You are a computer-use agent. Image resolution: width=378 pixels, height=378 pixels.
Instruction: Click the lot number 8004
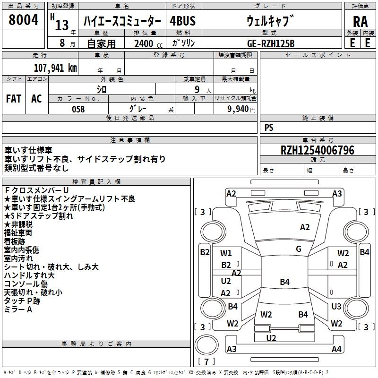click(x=23, y=21)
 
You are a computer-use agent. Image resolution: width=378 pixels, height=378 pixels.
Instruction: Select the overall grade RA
click(x=360, y=22)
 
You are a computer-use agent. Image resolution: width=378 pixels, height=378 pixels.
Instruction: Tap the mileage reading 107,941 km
click(x=55, y=68)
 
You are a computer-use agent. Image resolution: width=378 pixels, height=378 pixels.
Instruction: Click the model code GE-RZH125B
click(x=271, y=43)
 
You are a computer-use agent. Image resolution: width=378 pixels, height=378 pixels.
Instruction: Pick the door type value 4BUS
click(x=183, y=21)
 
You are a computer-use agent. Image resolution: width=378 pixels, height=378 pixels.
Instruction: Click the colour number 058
click(x=78, y=109)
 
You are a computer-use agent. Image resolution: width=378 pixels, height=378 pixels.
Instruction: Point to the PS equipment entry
click(x=269, y=128)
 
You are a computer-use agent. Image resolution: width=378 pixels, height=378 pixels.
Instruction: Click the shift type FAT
click(x=14, y=99)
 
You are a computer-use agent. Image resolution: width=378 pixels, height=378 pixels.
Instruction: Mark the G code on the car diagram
click(x=299, y=249)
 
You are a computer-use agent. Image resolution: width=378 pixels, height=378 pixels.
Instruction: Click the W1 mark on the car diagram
click(x=226, y=253)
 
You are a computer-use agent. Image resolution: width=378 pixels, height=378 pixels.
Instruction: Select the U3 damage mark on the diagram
click(x=336, y=307)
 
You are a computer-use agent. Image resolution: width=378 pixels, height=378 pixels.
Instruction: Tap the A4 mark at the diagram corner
click(x=336, y=349)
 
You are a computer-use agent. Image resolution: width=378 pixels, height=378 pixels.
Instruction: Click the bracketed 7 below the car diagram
click(x=206, y=362)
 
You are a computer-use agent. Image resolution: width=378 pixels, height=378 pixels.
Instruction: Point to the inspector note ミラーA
click(x=18, y=309)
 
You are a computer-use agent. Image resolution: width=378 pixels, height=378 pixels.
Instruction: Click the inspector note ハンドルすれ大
click(x=29, y=275)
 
